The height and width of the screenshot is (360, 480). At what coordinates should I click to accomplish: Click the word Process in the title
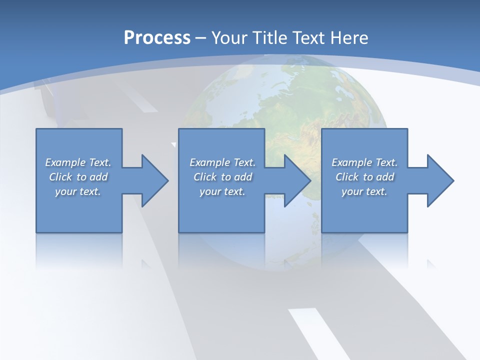pos(157,38)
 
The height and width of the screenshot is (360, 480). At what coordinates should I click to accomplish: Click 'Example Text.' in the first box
pos(78,162)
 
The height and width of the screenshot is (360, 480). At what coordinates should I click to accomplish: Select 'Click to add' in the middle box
pos(222,177)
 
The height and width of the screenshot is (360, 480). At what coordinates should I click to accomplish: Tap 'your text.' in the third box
pos(364,191)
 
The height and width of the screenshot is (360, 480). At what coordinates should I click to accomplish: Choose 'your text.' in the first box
pos(78,191)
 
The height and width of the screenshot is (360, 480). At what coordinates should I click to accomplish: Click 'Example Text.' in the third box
pos(364,162)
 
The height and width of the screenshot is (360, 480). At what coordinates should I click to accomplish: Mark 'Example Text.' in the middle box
pos(222,162)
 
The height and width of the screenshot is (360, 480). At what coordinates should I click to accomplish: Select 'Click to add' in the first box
pos(78,177)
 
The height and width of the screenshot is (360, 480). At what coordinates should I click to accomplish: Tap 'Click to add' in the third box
pos(364,177)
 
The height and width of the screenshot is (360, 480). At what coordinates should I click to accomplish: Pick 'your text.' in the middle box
pos(222,191)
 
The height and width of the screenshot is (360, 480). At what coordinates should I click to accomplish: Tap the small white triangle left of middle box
pos(174,144)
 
